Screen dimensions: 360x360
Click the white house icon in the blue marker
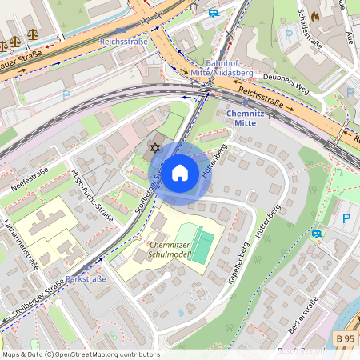(180, 172)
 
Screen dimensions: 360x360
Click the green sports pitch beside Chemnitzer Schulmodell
(204, 243)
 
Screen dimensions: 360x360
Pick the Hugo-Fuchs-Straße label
(91, 195)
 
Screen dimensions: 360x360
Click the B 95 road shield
(344, 339)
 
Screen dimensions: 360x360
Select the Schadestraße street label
(310, 28)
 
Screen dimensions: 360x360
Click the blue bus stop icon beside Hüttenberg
(317, 234)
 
